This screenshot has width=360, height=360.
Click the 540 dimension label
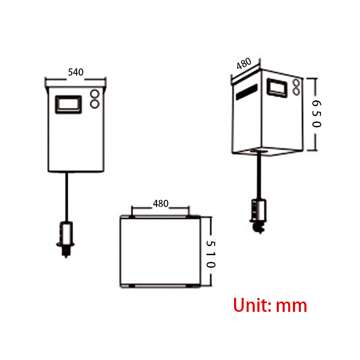[x=76, y=72]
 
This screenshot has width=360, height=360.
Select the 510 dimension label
[x=211, y=254]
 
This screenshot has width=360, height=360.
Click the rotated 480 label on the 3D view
[x=244, y=64]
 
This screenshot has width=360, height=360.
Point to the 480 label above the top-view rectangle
[x=161, y=203]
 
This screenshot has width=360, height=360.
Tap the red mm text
[x=292, y=306]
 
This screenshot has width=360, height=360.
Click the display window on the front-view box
[x=68, y=104]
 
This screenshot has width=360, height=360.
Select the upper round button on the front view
[x=95, y=94]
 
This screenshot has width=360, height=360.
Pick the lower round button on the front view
[x=95, y=104]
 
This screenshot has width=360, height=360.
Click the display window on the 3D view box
[x=277, y=87]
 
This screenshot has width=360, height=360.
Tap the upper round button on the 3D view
[x=296, y=83]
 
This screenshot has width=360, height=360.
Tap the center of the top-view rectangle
[x=160, y=252]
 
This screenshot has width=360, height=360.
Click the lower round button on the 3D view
[x=296, y=91]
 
